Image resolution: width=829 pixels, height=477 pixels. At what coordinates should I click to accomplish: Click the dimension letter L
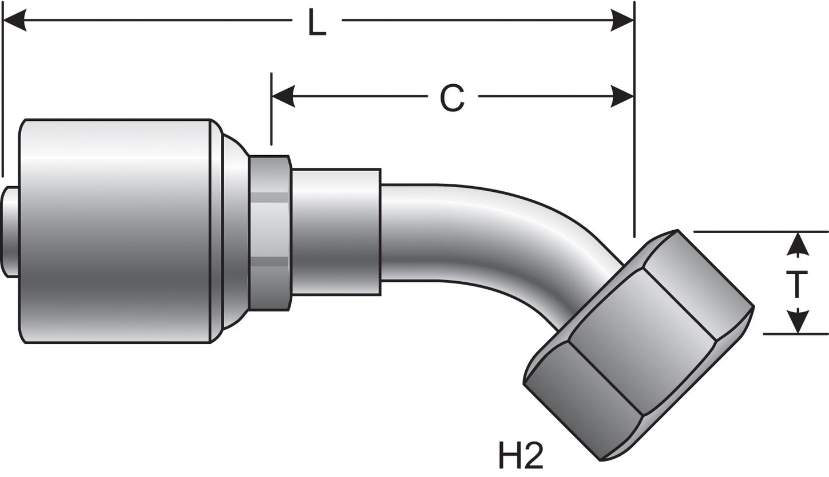pyautogui.click(x=316, y=23)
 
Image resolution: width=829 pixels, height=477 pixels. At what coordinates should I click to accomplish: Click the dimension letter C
pyautogui.click(x=452, y=97)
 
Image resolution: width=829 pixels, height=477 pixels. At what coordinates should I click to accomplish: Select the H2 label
pyautogui.click(x=520, y=455)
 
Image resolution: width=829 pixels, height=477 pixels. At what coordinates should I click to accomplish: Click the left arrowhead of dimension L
pyautogui.click(x=15, y=20)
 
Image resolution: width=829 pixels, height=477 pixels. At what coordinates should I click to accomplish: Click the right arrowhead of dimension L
pyautogui.click(x=622, y=20)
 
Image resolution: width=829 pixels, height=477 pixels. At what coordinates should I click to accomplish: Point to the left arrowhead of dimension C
pyautogui.click(x=283, y=96)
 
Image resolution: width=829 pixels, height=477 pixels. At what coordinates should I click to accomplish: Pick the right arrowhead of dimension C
pyautogui.click(x=622, y=96)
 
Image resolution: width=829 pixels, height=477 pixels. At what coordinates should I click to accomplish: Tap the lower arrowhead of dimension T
pyautogui.click(x=797, y=322)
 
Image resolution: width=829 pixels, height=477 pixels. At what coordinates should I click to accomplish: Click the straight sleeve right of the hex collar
pyautogui.click(x=336, y=232)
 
